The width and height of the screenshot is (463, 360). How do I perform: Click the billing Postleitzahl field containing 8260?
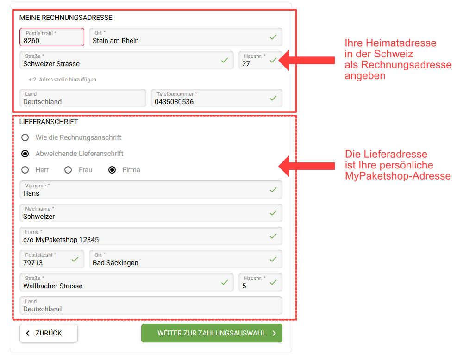[52, 37]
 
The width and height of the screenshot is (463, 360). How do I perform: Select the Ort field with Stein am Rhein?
[186, 37]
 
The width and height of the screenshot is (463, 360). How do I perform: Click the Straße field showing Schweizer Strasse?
[126, 60]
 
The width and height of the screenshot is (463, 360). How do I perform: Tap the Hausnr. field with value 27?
[260, 60]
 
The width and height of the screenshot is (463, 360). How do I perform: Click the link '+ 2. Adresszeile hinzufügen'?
[63, 80]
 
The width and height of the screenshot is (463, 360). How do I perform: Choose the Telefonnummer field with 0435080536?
[216, 98]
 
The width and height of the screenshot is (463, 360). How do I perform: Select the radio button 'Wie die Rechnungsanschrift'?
[25, 137]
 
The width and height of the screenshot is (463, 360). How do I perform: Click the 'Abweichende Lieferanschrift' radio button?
[25, 154]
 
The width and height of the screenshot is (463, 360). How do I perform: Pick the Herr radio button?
[25, 170]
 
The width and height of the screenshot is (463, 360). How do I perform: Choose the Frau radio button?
[68, 170]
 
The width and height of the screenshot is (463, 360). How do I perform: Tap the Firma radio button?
[112, 170]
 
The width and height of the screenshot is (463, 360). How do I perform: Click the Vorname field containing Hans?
[151, 190]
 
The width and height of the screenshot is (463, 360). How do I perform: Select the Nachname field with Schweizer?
[151, 213]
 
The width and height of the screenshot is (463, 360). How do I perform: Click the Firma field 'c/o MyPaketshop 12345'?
[151, 236]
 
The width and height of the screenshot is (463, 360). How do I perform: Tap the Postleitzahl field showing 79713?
[52, 259]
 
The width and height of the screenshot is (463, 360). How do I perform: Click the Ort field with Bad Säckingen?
[186, 259]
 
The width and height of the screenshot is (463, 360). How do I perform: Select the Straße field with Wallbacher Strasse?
[126, 282]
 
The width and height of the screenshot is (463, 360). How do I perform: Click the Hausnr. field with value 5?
[260, 282]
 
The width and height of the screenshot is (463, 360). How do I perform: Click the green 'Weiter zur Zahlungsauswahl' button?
[212, 333]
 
